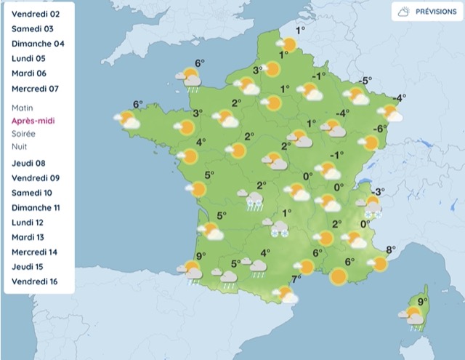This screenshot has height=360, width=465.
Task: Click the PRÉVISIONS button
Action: (428, 12)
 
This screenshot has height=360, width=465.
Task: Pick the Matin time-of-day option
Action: (23, 108)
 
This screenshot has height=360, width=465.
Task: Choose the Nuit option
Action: (20, 146)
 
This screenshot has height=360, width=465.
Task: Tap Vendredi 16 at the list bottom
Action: (33, 281)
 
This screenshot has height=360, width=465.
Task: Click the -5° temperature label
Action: (365, 81)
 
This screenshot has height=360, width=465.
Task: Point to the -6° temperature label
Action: (379, 129)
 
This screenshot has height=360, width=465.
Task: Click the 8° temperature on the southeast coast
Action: (389, 250)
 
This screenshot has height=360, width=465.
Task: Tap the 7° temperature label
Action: (296, 279)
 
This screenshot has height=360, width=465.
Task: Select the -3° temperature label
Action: (378, 191)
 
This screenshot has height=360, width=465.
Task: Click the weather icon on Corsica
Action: (414, 315)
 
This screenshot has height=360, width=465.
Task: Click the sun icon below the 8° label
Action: (379, 264)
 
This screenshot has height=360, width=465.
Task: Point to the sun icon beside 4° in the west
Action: (190, 156)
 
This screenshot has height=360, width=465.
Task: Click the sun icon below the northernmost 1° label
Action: (288, 45)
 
